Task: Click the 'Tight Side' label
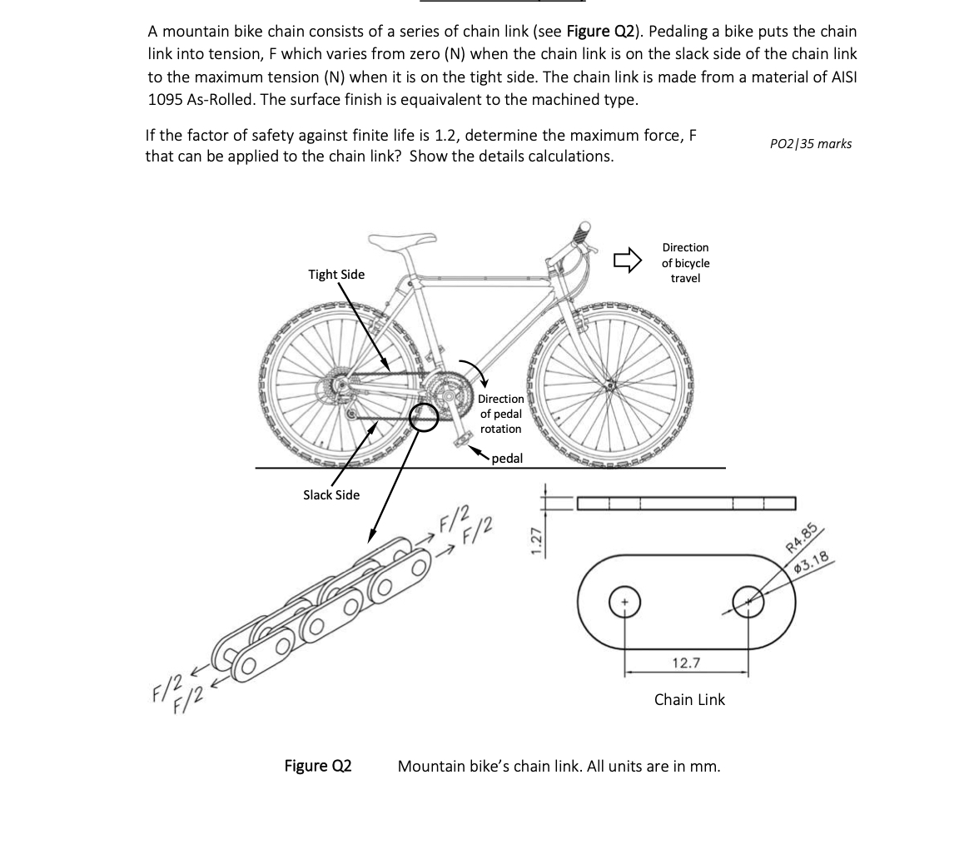pyautogui.click(x=336, y=275)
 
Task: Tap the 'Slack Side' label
pyautogui.click(x=331, y=495)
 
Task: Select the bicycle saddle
pyautogui.click(x=403, y=241)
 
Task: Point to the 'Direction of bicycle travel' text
pyautogui.click(x=685, y=263)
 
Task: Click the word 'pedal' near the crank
pyautogui.click(x=507, y=459)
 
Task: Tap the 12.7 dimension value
pyautogui.click(x=686, y=663)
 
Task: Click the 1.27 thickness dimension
pyautogui.click(x=537, y=539)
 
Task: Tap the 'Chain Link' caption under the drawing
pyautogui.click(x=689, y=700)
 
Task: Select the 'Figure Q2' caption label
pyautogui.click(x=318, y=766)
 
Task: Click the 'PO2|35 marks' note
pyautogui.click(x=811, y=144)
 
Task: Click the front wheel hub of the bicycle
pyautogui.click(x=613, y=385)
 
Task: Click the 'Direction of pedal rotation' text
pyautogui.click(x=500, y=414)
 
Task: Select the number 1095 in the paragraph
pyautogui.click(x=169, y=99)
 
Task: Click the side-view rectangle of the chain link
pyautogui.click(x=686, y=504)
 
